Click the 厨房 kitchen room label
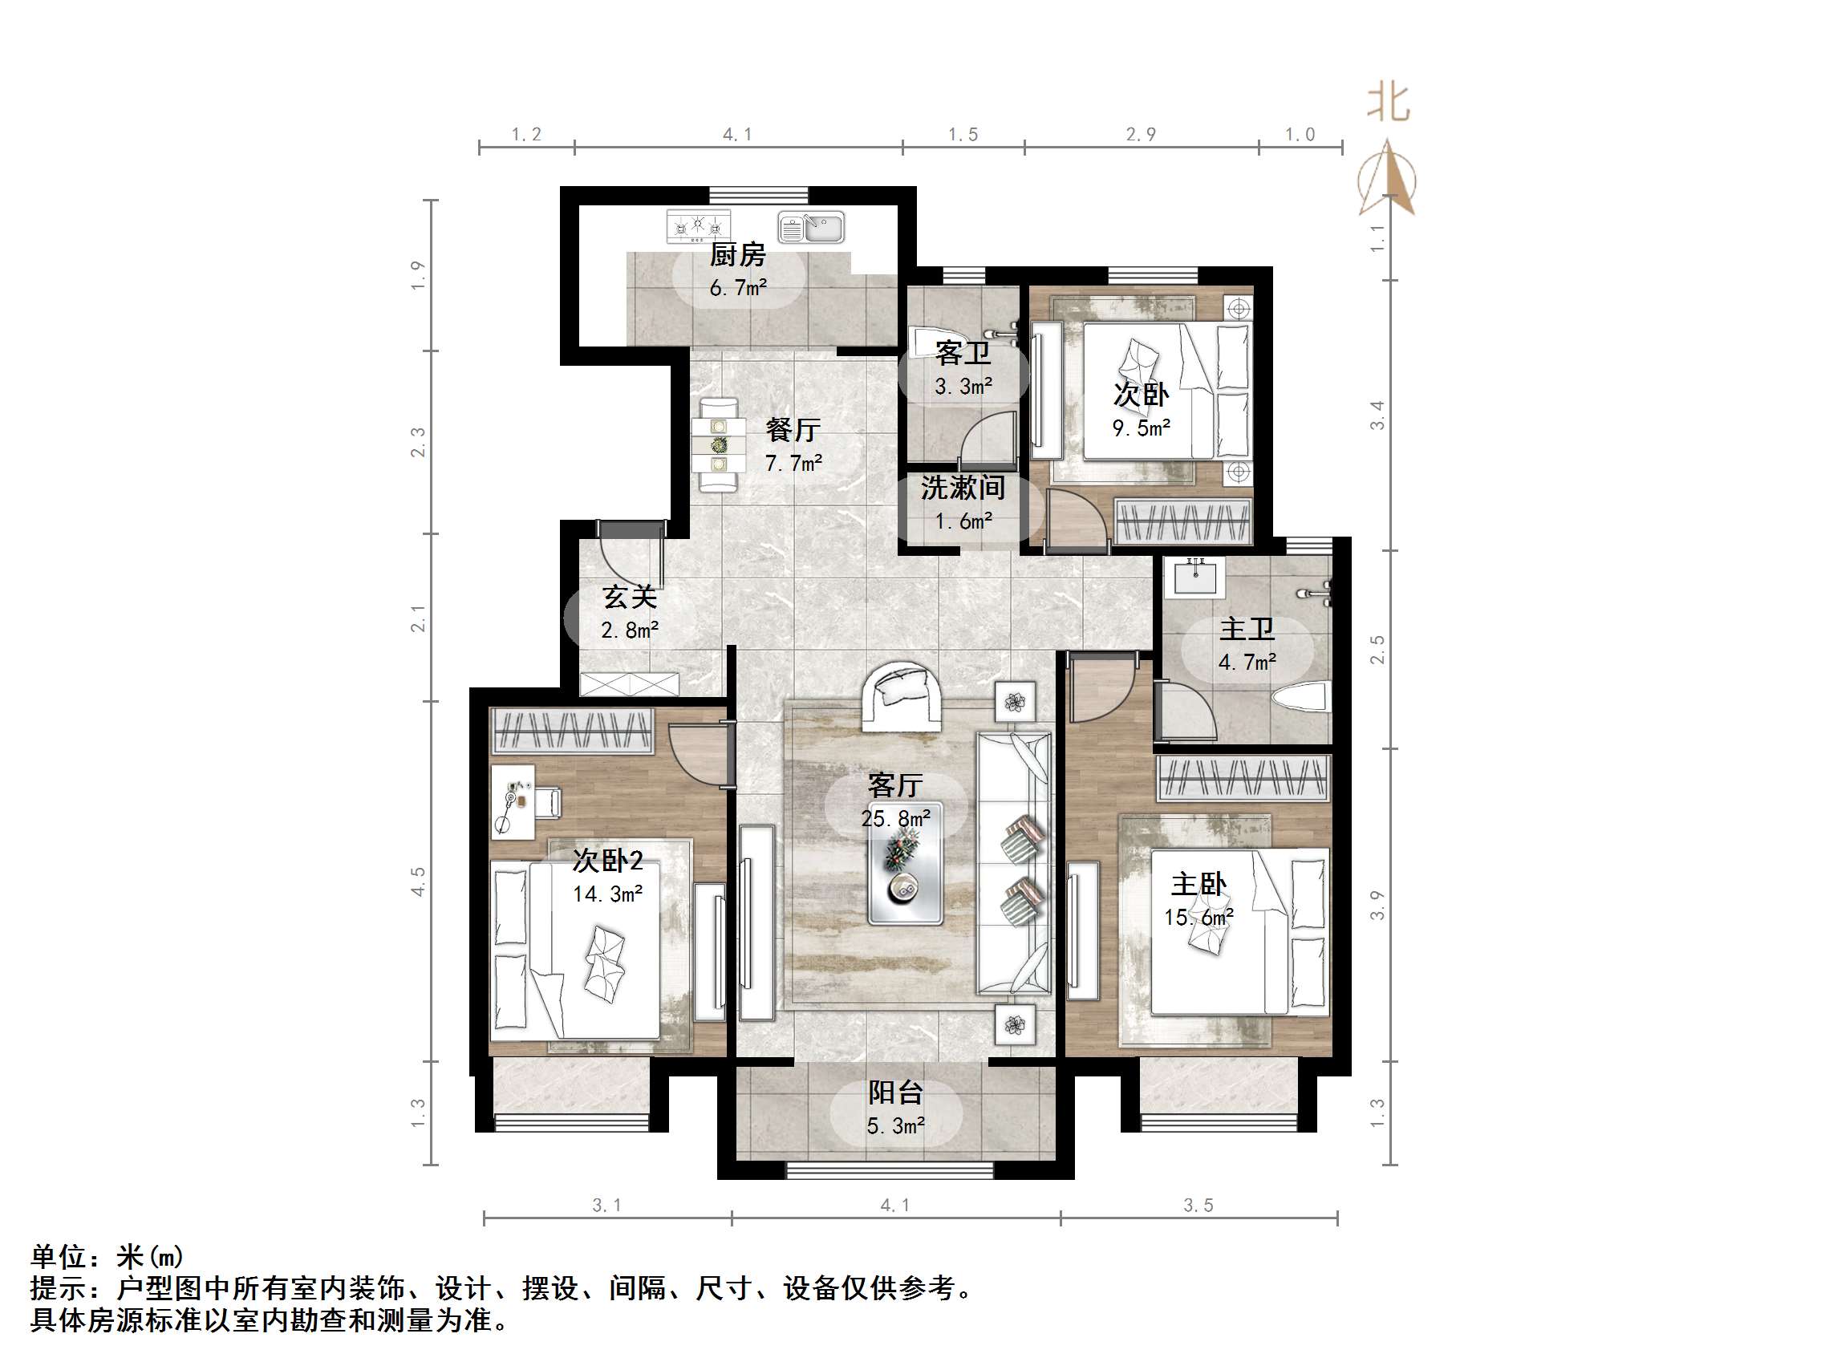(x=737, y=254)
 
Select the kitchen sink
(x=812, y=227)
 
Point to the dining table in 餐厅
(x=719, y=445)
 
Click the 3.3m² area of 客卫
(x=963, y=386)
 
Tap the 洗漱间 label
(x=963, y=488)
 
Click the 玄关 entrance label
(x=630, y=597)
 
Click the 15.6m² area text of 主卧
(x=1198, y=917)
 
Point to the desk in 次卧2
(x=512, y=800)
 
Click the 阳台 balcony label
(x=896, y=1092)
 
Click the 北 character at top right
(x=1388, y=104)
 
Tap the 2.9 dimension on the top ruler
(x=1141, y=134)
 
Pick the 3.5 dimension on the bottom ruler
(x=1198, y=1206)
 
